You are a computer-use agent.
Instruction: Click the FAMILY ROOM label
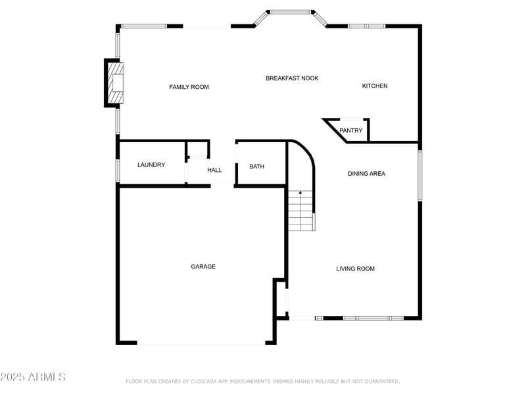189,87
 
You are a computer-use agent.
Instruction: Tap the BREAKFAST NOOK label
292,78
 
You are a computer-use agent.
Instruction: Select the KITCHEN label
375,86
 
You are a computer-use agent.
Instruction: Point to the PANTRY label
351,130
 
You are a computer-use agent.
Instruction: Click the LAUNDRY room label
151,165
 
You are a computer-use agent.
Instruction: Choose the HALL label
214,170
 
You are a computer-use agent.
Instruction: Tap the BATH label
256,167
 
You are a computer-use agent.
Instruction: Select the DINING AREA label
366,174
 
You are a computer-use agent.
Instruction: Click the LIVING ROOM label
355,269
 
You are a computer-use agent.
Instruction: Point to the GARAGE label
203,267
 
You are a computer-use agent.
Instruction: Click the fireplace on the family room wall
114,83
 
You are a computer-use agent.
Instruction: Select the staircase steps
301,211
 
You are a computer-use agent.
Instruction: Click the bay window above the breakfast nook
291,12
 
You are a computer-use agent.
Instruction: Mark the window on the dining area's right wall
420,175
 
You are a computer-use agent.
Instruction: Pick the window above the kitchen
366,26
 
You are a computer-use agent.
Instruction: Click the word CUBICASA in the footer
206,381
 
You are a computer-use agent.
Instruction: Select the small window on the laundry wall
118,170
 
